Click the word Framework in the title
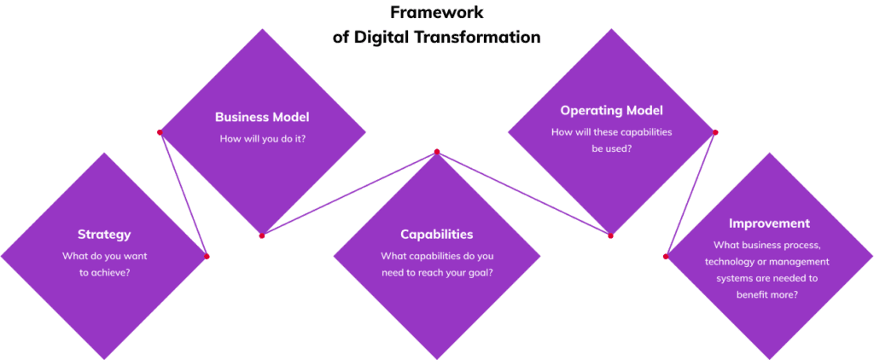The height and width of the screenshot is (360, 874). (x=436, y=12)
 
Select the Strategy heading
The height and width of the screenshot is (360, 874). (x=104, y=235)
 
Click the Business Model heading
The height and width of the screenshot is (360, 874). (x=262, y=117)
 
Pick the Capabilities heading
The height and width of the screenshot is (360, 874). (x=436, y=234)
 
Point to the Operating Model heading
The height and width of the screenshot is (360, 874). (x=611, y=110)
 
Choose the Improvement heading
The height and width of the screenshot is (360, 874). (x=769, y=224)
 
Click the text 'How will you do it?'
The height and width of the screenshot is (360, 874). (x=262, y=139)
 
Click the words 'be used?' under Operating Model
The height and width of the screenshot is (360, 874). (x=611, y=148)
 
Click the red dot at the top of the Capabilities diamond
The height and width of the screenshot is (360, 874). (x=437, y=152)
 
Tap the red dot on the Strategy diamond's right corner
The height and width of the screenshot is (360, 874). (x=207, y=256)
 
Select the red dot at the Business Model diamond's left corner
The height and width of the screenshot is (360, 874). (x=160, y=132)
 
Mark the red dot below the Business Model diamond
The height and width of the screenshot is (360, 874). (x=262, y=235)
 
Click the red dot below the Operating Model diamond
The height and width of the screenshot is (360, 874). (x=611, y=235)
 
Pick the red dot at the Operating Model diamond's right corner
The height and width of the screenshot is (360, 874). (x=715, y=132)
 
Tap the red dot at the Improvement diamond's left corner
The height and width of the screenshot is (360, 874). (x=666, y=256)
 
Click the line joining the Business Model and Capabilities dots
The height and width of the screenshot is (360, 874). (x=349, y=194)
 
